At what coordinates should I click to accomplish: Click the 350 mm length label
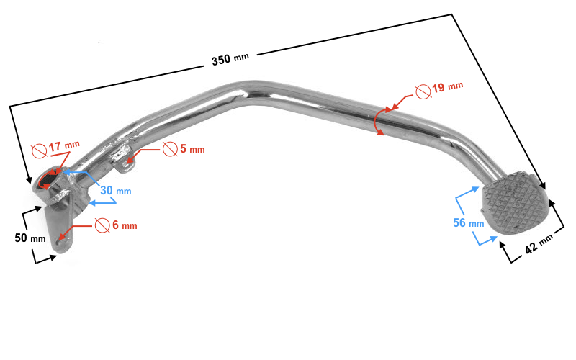pyautogui.click(x=230, y=58)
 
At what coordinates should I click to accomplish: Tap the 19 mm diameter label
pyautogui.click(x=447, y=87)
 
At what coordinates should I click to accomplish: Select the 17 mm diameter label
pyautogui.click(x=64, y=146)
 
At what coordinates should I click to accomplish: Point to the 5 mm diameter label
pyautogui.click(x=192, y=149)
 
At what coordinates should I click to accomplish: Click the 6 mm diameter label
pyautogui.click(x=125, y=225)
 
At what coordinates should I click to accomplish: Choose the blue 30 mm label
pyautogui.click(x=116, y=190)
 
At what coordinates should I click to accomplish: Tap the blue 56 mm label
pyautogui.click(x=469, y=222)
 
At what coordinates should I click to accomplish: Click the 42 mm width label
pyautogui.click(x=539, y=244)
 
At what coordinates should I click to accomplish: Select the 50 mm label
pyautogui.click(x=30, y=238)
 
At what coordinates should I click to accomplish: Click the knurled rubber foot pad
pyautogui.click(x=515, y=204)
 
